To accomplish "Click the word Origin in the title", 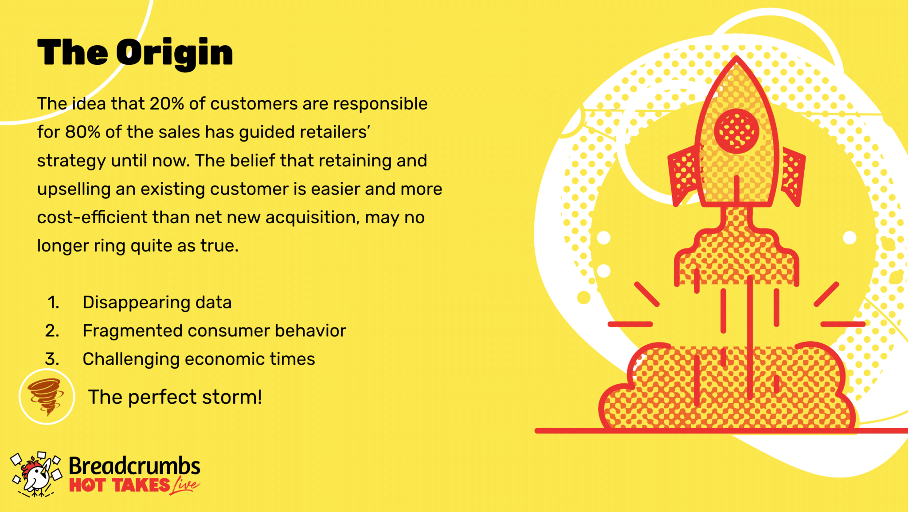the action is (175, 54).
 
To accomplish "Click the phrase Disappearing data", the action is (157, 303).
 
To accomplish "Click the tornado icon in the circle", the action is (47, 397).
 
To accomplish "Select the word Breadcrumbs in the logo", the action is (134, 466).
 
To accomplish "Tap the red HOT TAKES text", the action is (120, 485).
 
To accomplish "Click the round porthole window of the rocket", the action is (736, 131).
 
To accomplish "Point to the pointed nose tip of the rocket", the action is (736, 57).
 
